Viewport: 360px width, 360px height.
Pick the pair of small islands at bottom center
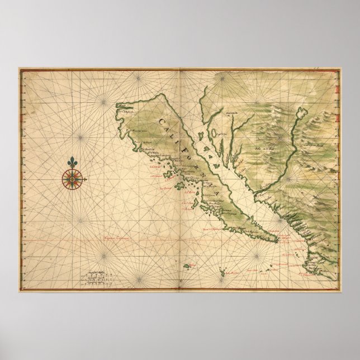(225, 272)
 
